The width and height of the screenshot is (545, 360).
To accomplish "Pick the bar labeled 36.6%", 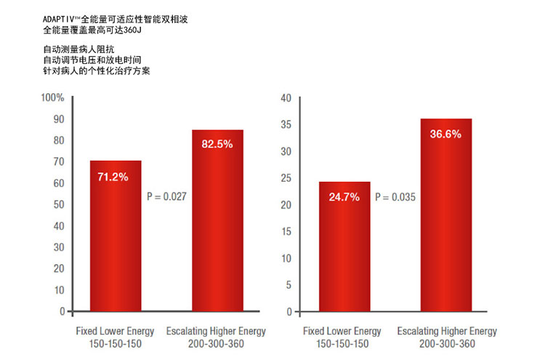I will [x=445, y=215].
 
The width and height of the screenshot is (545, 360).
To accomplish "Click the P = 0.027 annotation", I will [x=166, y=196].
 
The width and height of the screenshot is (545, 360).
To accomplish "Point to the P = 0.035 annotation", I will [x=395, y=196].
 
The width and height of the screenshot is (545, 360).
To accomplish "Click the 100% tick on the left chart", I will [x=53, y=97].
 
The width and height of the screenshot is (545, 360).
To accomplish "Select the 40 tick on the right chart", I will [x=286, y=98].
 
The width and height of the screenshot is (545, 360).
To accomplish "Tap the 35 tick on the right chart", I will [x=286, y=125].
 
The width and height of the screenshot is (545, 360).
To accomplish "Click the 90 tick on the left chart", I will [x=57, y=119].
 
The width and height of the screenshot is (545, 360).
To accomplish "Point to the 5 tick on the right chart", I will [x=288, y=285].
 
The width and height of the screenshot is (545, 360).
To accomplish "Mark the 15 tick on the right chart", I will [x=286, y=231].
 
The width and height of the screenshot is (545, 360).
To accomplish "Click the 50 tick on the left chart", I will [x=57, y=204].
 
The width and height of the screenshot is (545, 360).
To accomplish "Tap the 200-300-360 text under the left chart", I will [x=217, y=344].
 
